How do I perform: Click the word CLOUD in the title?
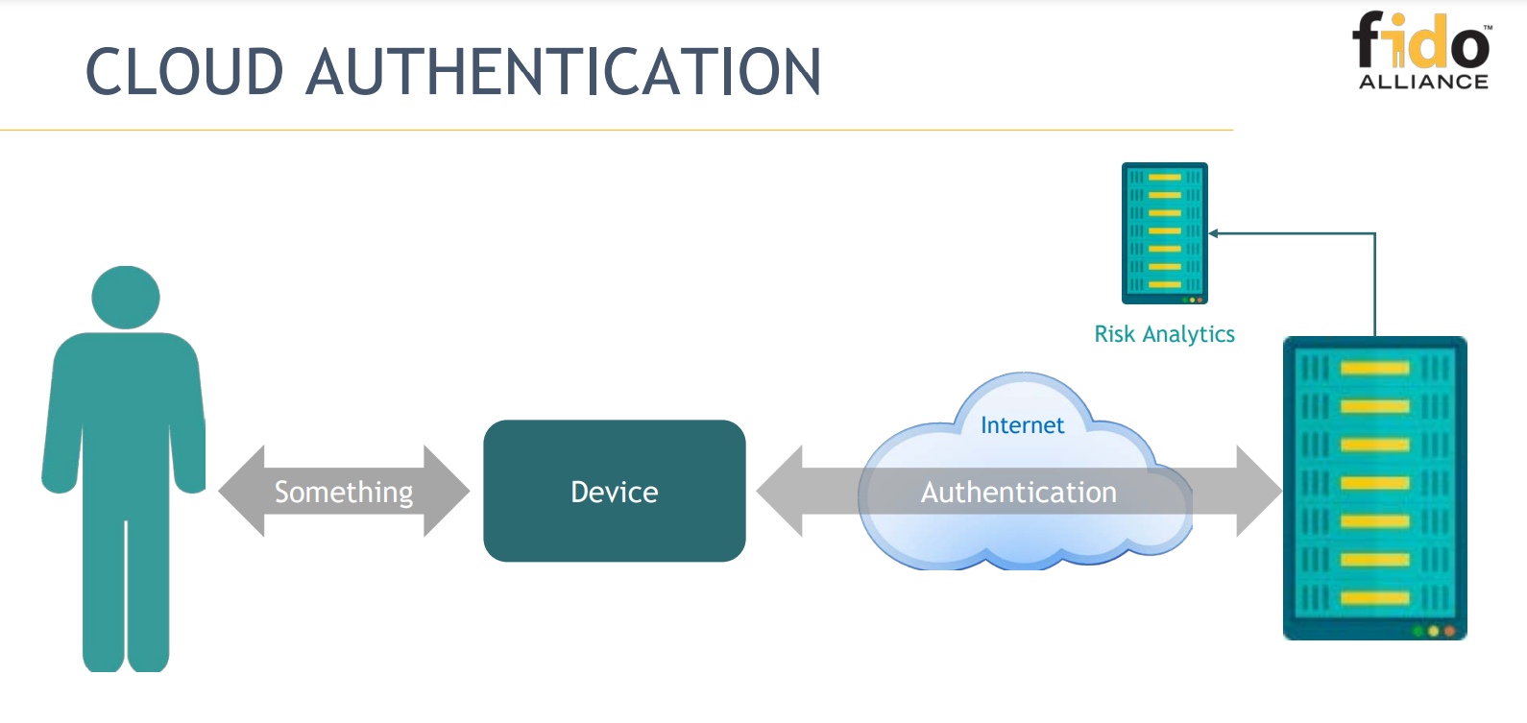[x=184, y=72]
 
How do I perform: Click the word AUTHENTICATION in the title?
[x=564, y=72]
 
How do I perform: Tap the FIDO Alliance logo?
[x=1422, y=43]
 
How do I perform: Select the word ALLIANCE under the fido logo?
[x=1423, y=83]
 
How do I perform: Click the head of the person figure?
[x=126, y=297]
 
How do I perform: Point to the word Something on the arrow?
[x=344, y=492]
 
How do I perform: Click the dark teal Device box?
[x=615, y=491]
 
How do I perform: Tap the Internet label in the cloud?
[x=1022, y=425]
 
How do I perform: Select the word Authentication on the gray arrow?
[x=1018, y=493]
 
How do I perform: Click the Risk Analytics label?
[x=1164, y=334]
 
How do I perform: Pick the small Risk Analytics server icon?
[x=1164, y=232]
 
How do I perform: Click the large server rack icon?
[x=1374, y=488]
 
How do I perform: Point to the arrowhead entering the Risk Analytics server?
[x=1213, y=233]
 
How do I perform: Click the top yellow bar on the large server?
[x=1374, y=368]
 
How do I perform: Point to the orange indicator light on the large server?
[x=1449, y=631]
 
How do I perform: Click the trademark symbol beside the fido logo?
[x=1488, y=28]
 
